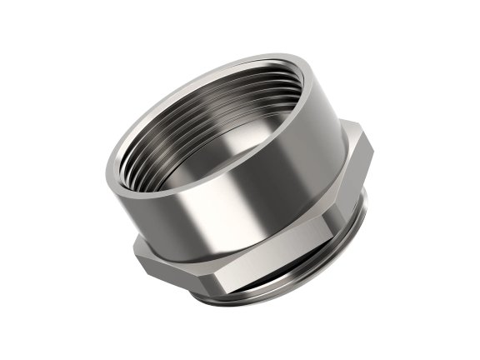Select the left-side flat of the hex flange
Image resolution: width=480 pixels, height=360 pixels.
[158, 254]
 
